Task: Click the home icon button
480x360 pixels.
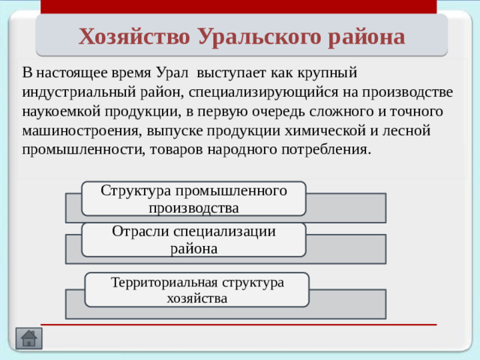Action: tap(28, 338)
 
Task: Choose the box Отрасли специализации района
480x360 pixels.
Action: tap(193, 239)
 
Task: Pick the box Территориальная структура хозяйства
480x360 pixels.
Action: tap(196, 290)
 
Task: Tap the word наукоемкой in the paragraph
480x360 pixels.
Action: tap(59, 111)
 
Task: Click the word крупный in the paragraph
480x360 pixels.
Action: tap(331, 73)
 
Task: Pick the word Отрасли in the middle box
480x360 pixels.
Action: tap(139, 232)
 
